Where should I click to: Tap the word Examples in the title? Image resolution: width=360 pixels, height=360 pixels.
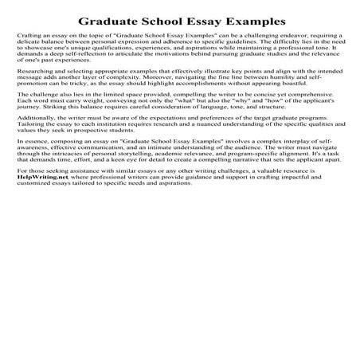click(248, 19)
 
